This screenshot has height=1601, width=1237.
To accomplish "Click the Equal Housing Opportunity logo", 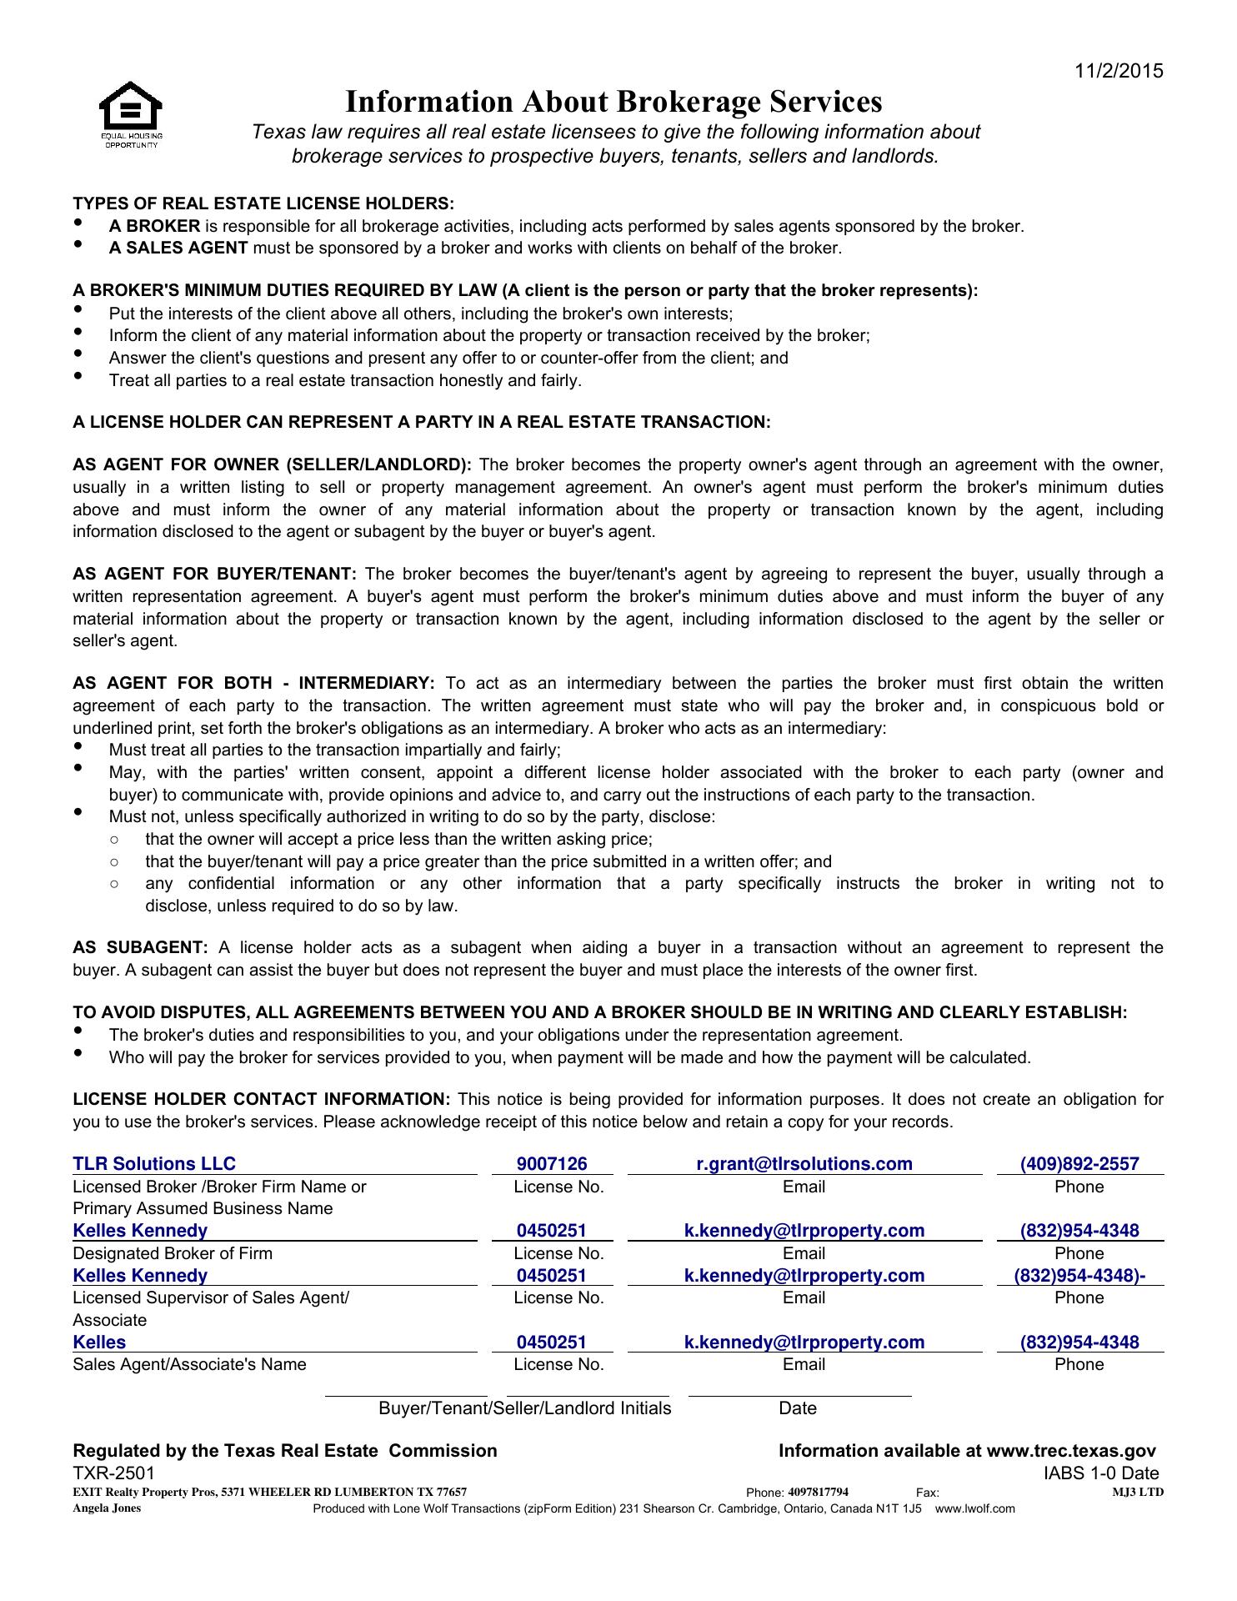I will point(131,114).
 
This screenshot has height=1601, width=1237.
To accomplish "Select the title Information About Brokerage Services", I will point(613,102).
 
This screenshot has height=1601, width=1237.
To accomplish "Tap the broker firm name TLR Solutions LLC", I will point(154,1164).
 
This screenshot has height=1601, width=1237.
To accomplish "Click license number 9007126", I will point(552,1164).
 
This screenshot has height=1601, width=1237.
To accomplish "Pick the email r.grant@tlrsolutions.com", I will point(804,1164).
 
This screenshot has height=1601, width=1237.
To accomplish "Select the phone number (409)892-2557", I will point(1079,1164).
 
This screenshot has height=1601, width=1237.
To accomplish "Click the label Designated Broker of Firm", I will point(173,1253).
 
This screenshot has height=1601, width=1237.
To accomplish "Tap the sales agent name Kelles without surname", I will point(99,1343).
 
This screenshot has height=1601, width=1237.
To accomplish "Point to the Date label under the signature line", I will point(798,1408).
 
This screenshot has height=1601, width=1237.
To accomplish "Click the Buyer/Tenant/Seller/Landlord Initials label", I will point(525,1408).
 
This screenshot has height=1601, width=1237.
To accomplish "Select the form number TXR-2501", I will point(114,1473).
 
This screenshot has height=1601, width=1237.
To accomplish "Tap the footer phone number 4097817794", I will point(818,1492).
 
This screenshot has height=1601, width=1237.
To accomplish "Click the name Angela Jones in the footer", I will point(107,1508).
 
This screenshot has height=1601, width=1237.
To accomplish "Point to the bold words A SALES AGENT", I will point(178,248).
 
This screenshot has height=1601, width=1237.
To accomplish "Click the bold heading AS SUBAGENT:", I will point(140,947).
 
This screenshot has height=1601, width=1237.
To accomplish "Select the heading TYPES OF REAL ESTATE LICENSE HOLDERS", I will point(263,203).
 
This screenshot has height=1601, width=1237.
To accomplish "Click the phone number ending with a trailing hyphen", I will point(1079,1276).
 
